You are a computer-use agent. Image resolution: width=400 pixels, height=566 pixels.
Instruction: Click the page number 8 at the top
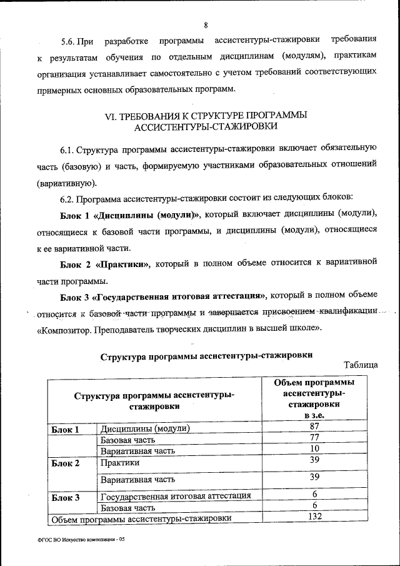click(205, 25)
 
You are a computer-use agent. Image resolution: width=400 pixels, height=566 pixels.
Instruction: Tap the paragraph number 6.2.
click(68, 199)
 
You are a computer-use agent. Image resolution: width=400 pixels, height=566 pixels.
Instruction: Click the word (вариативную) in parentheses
click(66, 183)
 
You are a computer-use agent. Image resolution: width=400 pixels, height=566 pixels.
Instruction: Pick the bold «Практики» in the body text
click(124, 264)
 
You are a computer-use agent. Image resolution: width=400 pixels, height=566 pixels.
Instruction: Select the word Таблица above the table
click(361, 365)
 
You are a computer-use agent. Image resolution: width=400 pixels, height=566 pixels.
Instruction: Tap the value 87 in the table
click(314, 427)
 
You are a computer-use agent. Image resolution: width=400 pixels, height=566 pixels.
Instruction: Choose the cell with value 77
click(314, 438)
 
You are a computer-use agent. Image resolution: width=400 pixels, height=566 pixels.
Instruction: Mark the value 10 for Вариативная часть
click(314, 449)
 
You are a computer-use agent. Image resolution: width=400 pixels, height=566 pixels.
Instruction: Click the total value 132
click(314, 517)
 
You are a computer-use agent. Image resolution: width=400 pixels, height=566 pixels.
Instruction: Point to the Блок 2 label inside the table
click(65, 463)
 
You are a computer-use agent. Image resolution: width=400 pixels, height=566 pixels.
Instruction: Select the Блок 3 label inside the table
click(65, 498)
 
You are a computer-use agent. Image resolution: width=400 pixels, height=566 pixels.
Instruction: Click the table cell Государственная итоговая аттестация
click(176, 496)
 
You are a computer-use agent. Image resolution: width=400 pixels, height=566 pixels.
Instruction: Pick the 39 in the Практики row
click(314, 460)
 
